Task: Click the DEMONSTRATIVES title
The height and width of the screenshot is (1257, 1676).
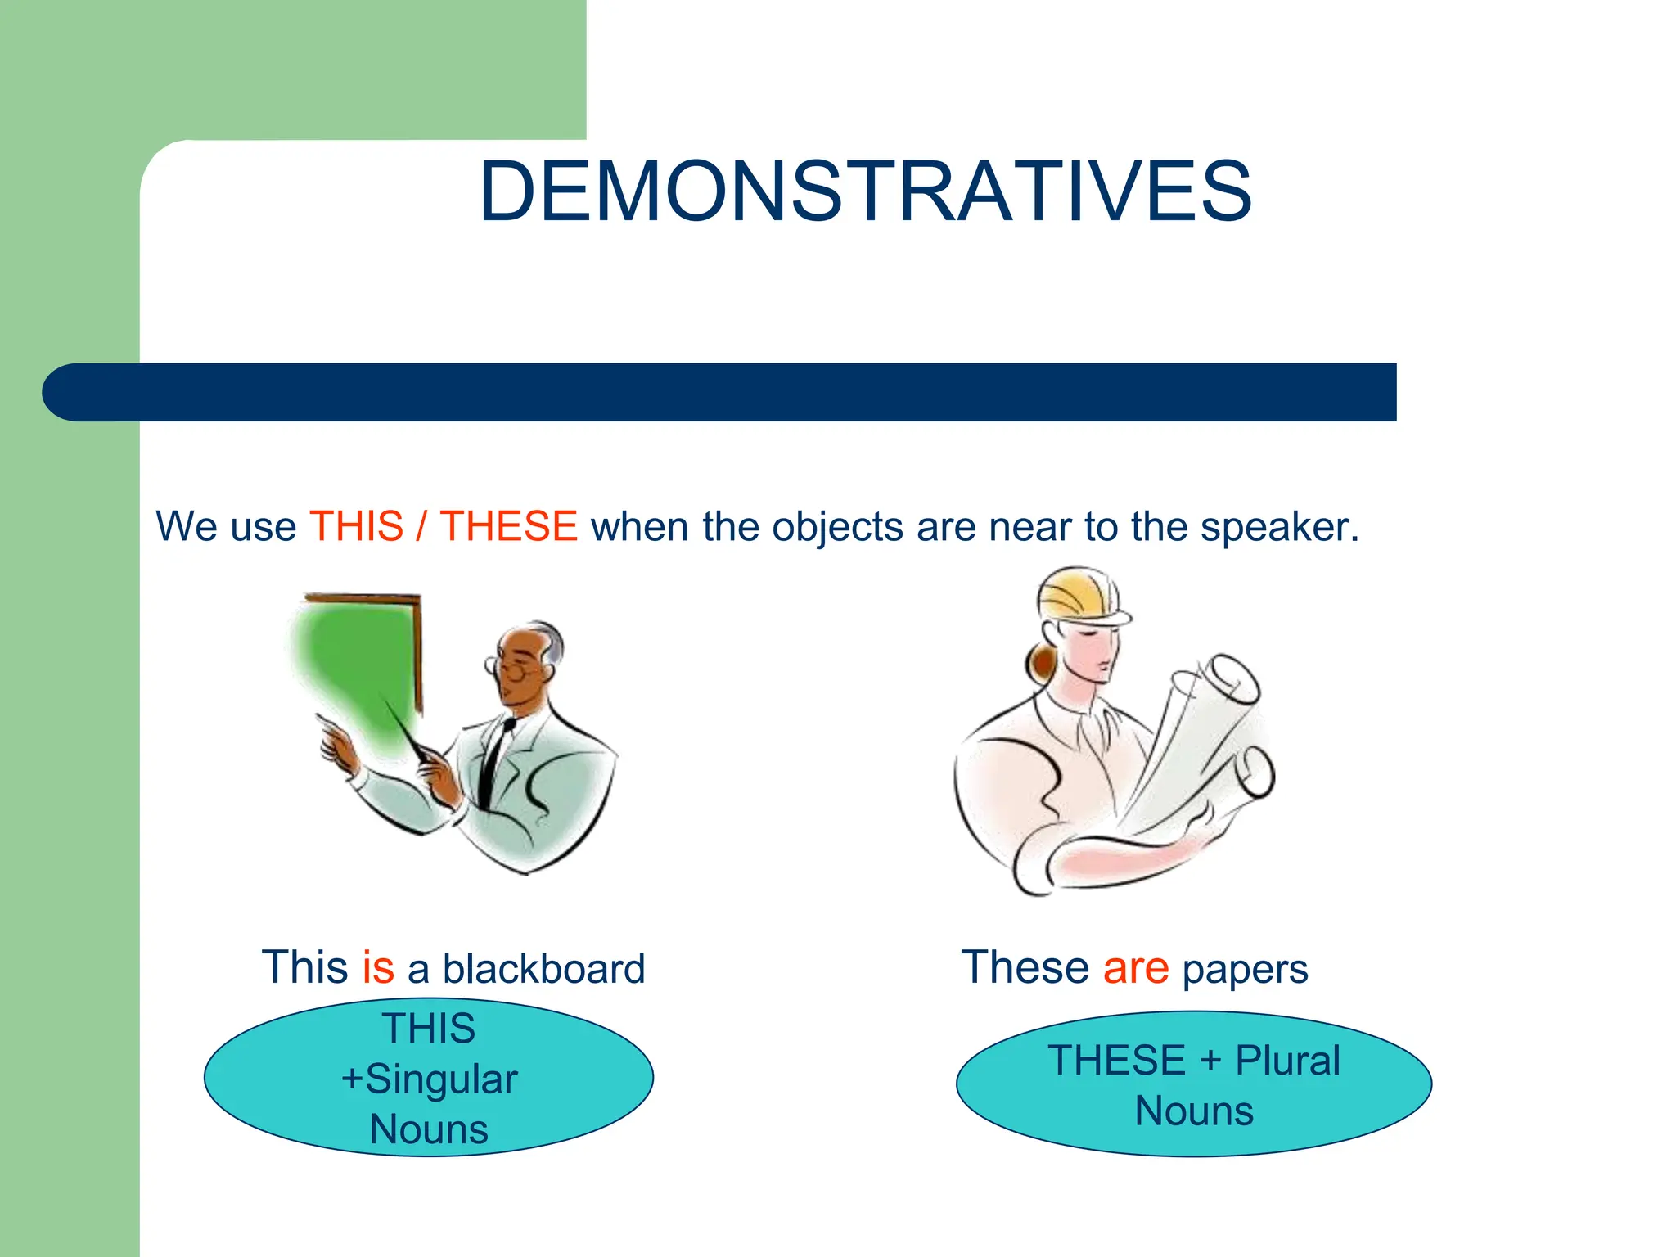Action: point(865,191)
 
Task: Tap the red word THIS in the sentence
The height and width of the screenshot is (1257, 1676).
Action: point(356,526)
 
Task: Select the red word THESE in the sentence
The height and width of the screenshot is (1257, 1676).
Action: point(508,526)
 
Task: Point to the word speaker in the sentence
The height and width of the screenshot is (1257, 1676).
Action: point(1278,528)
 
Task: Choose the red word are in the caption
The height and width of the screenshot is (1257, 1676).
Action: point(1135,969)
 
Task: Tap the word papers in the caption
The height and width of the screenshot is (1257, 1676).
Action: point(1245,971)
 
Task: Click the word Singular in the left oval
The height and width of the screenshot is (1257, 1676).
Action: point(440,1079)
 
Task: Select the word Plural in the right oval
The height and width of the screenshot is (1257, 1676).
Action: point(1287,1061)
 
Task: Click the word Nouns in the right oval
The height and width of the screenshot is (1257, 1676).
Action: point(1193,1111)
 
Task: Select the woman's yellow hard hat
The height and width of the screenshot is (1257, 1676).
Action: point(1079,596)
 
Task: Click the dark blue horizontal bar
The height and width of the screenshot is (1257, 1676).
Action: point(720,393)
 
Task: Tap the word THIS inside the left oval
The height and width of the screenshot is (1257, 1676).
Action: point(428,1029)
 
